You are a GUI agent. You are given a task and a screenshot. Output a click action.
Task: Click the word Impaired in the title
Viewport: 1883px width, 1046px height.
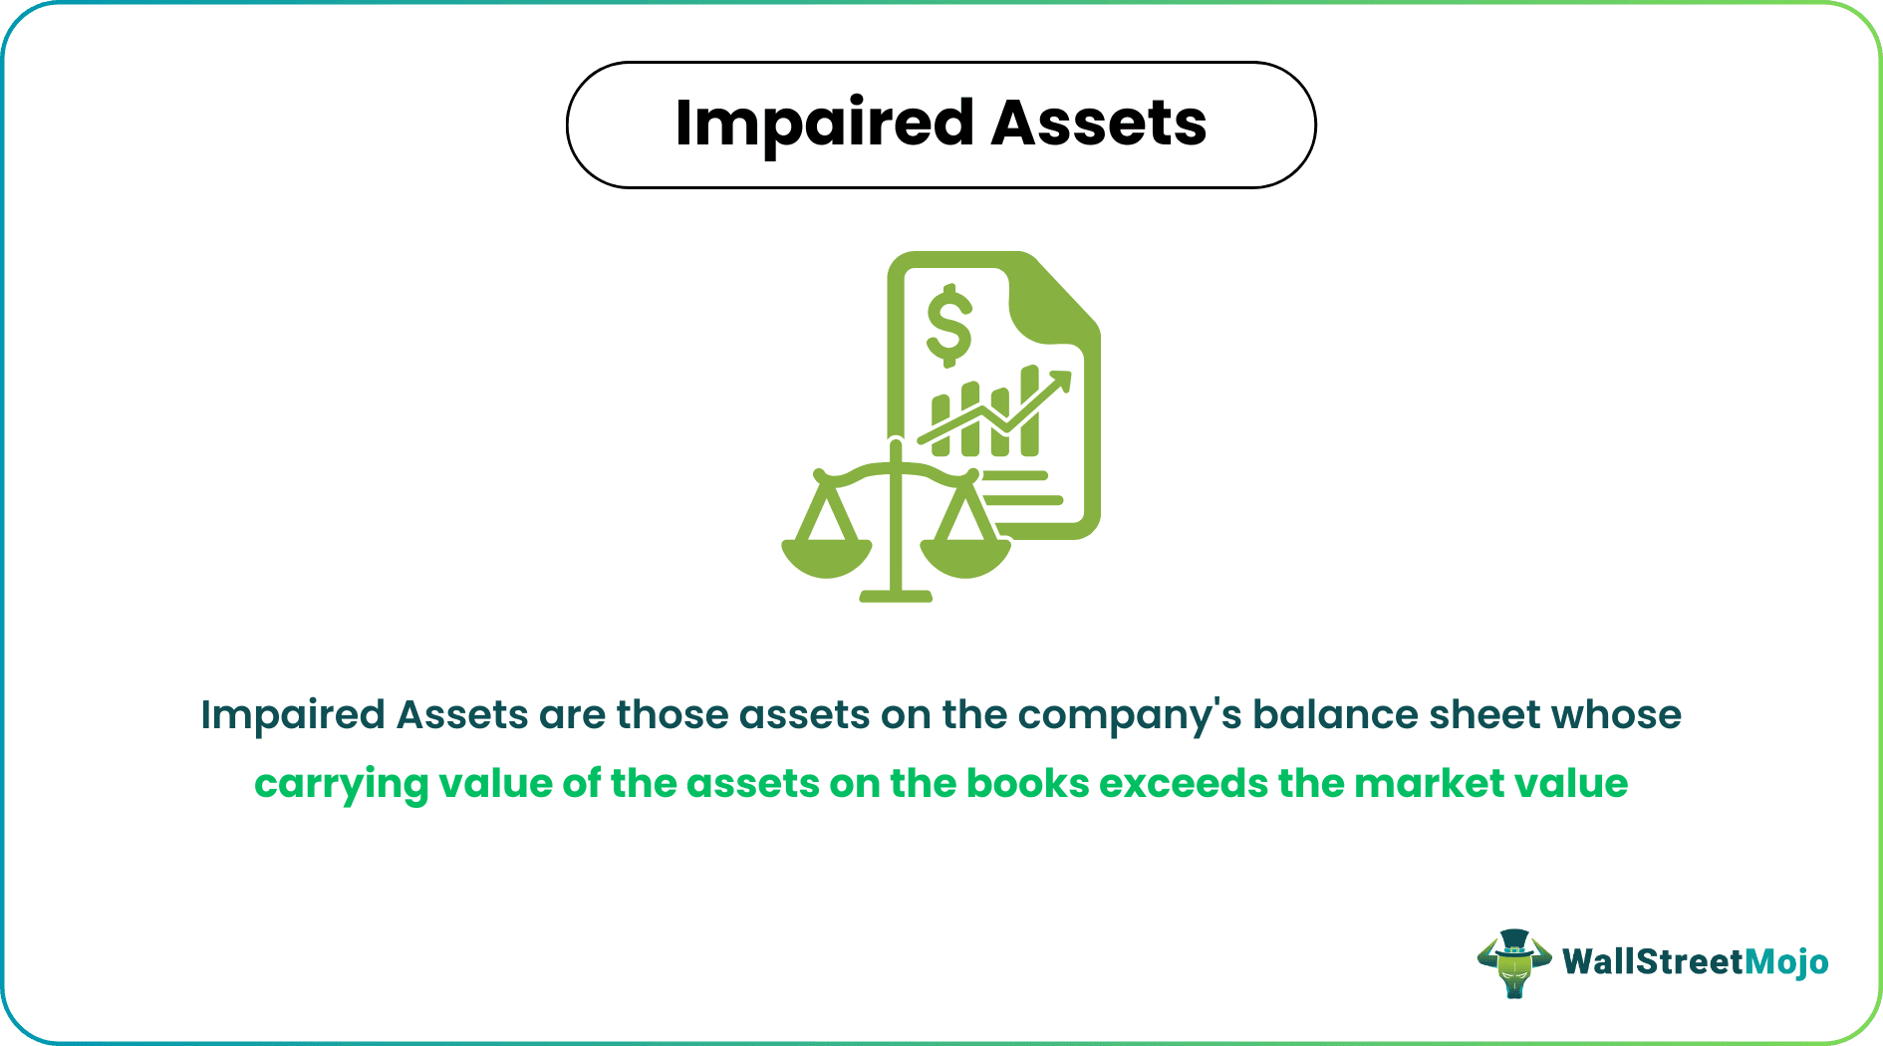click(823, 125)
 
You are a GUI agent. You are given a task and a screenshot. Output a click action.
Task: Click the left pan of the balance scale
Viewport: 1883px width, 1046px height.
click(826, 557)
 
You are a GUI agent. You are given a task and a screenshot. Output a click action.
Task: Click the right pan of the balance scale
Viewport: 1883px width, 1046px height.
click(964, 557)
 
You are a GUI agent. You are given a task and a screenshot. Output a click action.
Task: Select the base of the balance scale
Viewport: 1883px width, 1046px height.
click(896, 596)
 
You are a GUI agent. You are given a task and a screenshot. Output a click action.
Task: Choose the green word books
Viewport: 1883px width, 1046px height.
click(1027, 784)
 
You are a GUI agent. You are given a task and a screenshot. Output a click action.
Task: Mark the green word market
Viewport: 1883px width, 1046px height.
click(1429, 784)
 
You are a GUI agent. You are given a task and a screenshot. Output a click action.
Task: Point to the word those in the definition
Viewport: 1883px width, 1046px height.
click(672, 715)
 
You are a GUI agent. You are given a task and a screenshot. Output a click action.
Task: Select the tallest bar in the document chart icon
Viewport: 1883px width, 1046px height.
click(1030, 412)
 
